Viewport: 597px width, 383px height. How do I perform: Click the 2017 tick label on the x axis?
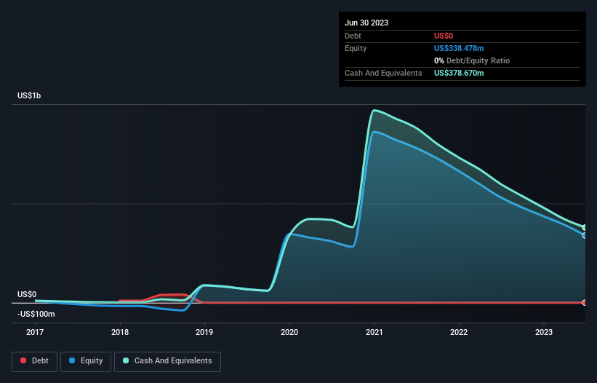[x=35, y=332]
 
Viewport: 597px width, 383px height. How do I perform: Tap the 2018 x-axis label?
[x=120, y=332]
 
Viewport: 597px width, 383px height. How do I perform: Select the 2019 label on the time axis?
[x=205, y=332]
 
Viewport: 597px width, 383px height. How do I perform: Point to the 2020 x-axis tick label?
[x=289, y=332]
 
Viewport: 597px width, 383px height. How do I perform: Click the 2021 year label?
[x=374, y=332]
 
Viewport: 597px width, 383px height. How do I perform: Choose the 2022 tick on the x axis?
[x=459, y=332]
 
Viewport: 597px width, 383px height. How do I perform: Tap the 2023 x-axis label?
[x=544, y=332]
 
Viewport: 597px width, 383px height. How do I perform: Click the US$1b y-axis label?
[x=31, y=96]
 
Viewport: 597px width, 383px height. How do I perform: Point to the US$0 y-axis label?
[x=27, y=294]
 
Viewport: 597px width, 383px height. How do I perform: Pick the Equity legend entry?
[x=86, y=360]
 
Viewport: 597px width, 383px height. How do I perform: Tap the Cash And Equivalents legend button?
[x=167, y=360]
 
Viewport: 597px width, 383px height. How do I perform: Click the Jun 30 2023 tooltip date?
[x=366, y=23]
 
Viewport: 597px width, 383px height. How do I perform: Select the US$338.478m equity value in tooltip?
[x=460, y=48]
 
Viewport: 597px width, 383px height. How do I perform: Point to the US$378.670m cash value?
[x=459, y=73]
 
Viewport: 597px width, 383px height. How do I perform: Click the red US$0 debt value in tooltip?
[x=444, y=36]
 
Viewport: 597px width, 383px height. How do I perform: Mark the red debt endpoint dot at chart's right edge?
[x=585, y=302]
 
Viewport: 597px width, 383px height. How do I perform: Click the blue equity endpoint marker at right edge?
[x=585, y=235]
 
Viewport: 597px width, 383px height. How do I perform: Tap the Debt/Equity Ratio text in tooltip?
[x=476, y=60]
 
